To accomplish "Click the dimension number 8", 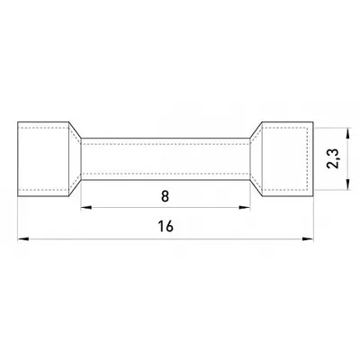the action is pos(165,196).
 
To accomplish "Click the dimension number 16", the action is pos(166,226).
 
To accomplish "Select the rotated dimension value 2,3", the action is pos(333,158).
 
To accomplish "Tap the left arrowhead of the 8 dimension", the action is pos(86,207).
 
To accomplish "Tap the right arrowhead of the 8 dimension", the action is pos(245,207).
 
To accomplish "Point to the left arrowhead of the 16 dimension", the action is pos(23,239).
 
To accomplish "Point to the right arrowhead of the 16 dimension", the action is pos(308,239).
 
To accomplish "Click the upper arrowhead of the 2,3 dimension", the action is pos(347,133).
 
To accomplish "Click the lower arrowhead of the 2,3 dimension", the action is pos(347,184).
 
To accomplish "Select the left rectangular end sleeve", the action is pos(43,159).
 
